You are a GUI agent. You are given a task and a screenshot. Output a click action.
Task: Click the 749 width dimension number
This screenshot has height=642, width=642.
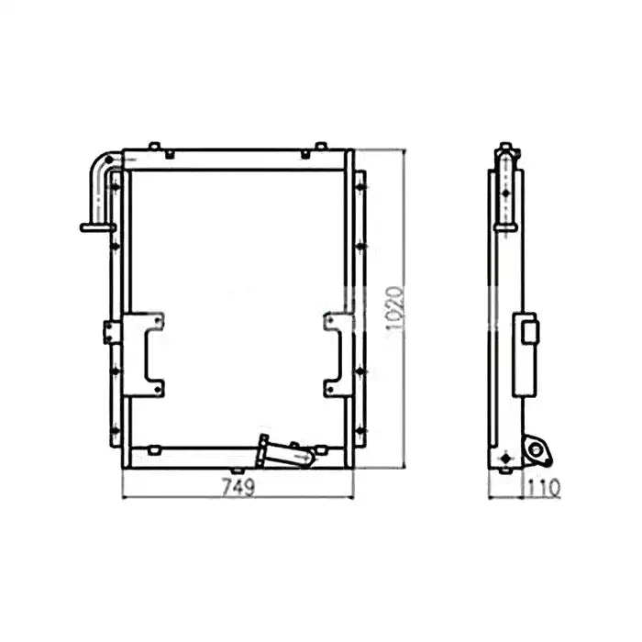pos(238,487)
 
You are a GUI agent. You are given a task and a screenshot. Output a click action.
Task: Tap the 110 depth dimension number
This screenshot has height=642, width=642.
pos(544,489)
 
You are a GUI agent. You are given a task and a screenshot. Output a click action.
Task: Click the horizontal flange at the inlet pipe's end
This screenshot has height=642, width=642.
pos(97,227)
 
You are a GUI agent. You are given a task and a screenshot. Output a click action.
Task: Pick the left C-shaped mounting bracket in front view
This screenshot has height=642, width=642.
pos(144,354)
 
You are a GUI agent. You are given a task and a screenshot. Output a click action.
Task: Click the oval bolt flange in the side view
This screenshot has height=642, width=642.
pos(537,449)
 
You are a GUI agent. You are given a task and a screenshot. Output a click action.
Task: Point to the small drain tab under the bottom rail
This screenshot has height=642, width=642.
pos(237,470)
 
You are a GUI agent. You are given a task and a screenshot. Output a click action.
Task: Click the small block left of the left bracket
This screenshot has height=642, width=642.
pos(111,331)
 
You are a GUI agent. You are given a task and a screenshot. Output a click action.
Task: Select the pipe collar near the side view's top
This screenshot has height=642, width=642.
pos(505,227)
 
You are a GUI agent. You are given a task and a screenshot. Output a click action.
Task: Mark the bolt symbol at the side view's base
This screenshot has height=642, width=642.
pos(504,456)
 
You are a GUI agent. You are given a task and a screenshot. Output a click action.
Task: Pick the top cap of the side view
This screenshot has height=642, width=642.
pos(505,148)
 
